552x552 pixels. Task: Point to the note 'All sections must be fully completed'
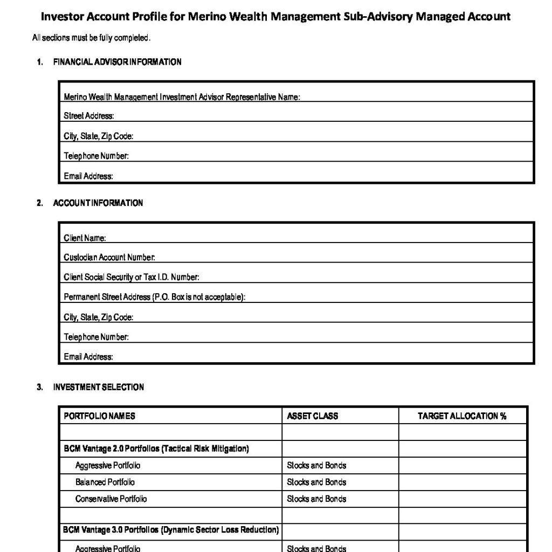click(x=91, y=38)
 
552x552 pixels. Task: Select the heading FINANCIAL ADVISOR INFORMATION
click(x=117, y=62)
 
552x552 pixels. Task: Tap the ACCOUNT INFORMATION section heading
click(x=98, y=203)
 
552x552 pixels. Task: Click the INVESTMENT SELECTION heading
click(x=98, y=387)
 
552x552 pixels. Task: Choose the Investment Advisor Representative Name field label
click(x=182, y=98)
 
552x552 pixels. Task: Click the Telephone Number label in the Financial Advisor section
click(x=96, y=156)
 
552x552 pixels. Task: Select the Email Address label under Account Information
click(x=88, y=357)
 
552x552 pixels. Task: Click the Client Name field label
click(x=85, y=238)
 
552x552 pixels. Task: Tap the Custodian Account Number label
click(x=109, y=258)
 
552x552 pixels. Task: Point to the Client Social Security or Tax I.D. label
click(x=132, y=278)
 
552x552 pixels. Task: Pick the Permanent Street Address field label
click(x=155, y=297)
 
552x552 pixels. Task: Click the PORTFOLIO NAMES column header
click(x=99, y=416)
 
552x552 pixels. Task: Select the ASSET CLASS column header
click(x=313, y=416)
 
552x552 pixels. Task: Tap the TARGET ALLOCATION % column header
click(x=462, y=416)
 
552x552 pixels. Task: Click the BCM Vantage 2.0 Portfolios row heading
click(x=156, y=449)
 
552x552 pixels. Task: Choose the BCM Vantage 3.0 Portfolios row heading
click(x=170, y=531)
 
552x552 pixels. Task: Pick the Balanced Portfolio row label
click(x=105, y=482)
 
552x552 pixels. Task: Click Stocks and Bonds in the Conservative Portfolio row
click(x=316, y=499)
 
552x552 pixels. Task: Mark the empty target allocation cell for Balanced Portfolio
click(x=463, y=482)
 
